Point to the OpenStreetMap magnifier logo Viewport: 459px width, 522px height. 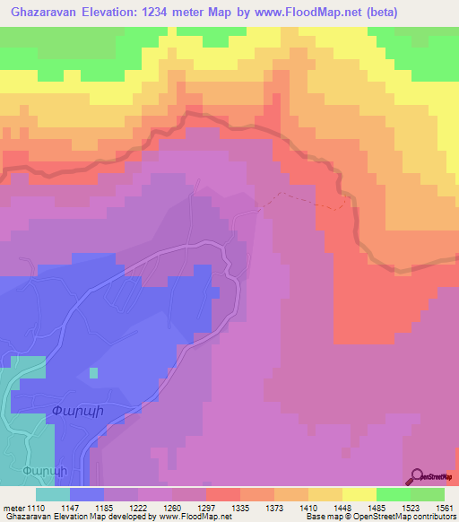pos(418,476)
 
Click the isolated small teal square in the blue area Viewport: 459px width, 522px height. pos(92,372)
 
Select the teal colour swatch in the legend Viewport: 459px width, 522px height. pos(53,494)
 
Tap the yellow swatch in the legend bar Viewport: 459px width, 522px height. pos(359,494)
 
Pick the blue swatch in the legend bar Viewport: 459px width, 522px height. pos(87,494)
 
